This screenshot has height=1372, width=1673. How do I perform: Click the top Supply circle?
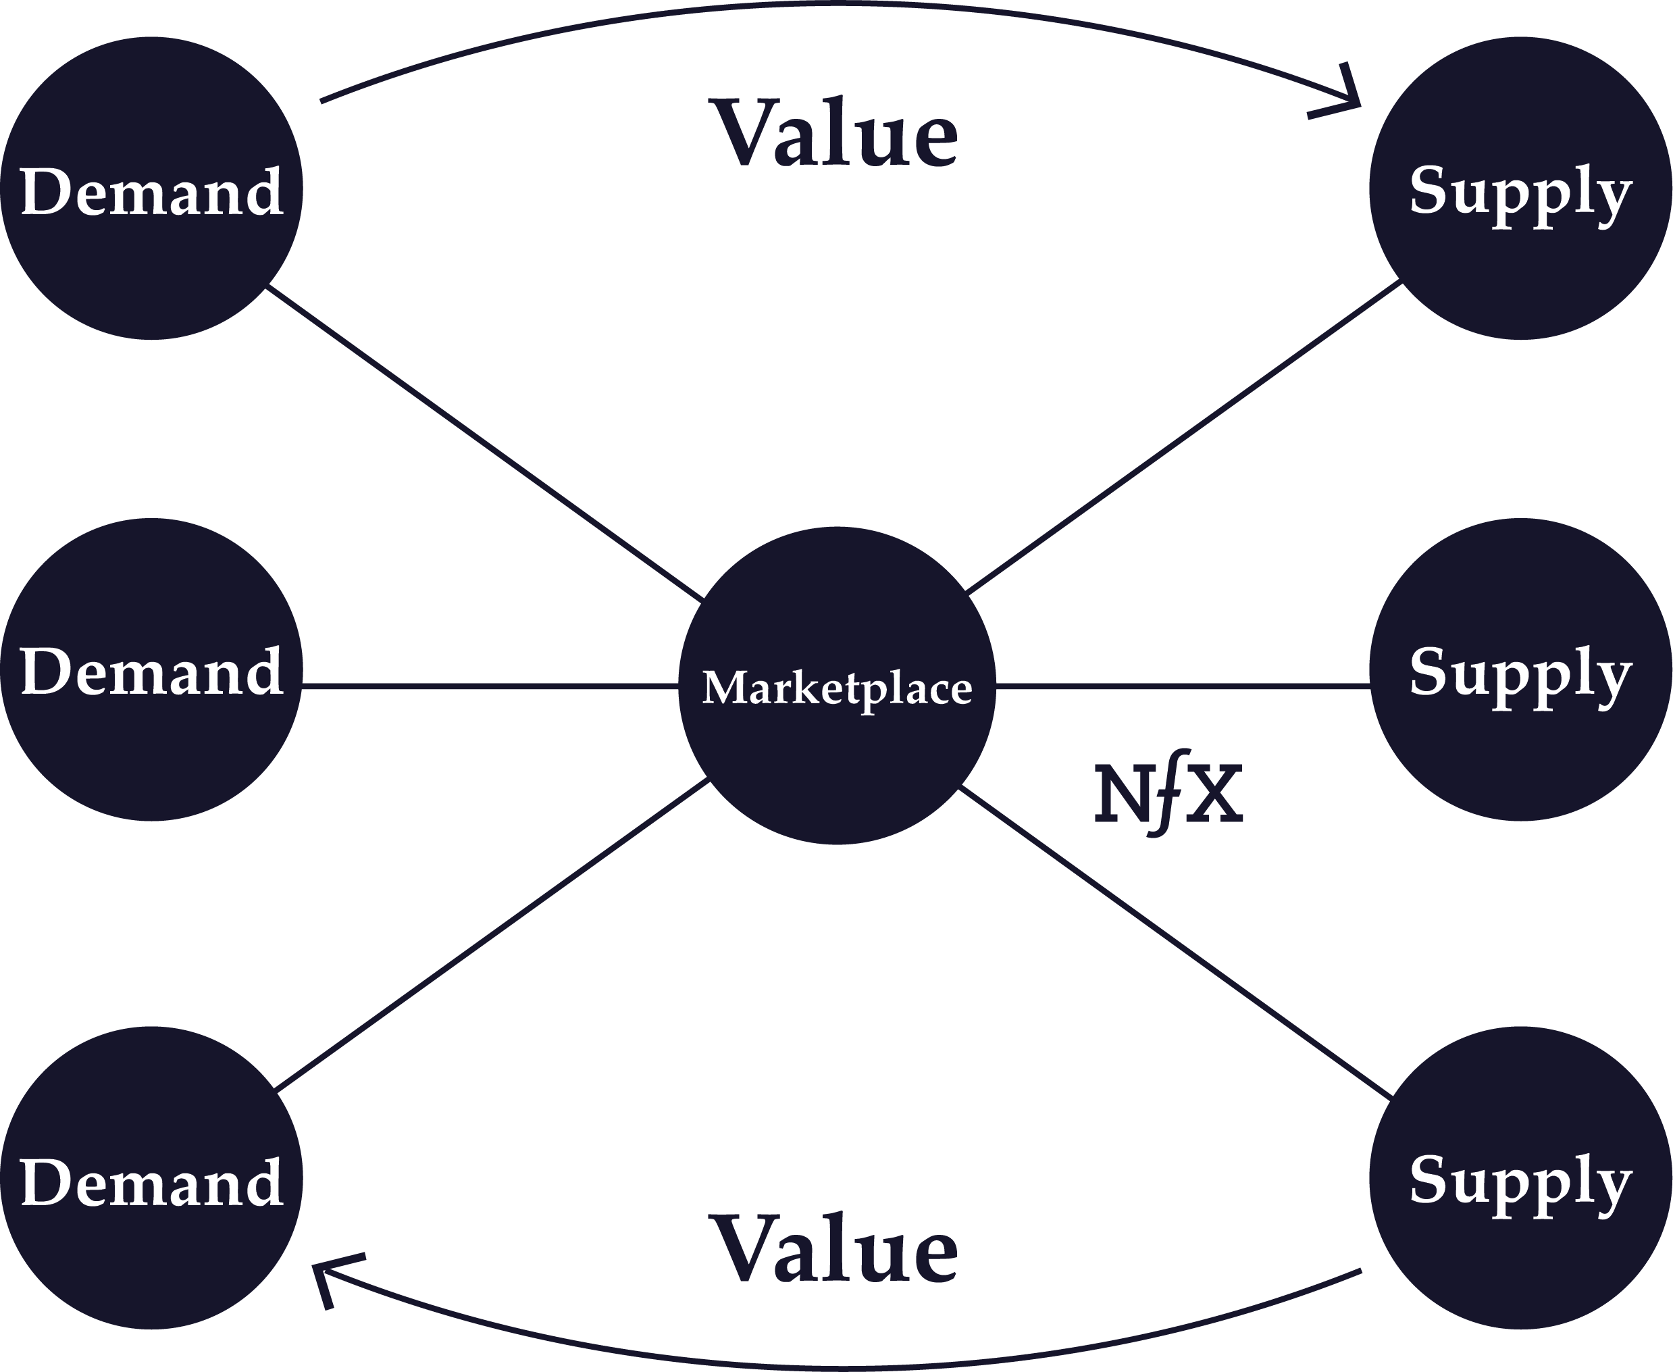click(x=1520, y=188)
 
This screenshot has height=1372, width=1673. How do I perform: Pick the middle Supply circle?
click(x=1520, y=669)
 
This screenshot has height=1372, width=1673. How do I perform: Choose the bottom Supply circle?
click(x=1520, y=1177)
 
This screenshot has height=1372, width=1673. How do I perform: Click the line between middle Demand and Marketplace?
click(x=490, y=686)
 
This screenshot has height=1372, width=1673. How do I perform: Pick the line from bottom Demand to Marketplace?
click(x=492, y=935)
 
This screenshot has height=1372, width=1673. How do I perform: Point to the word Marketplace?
click(x=837, y=688)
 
